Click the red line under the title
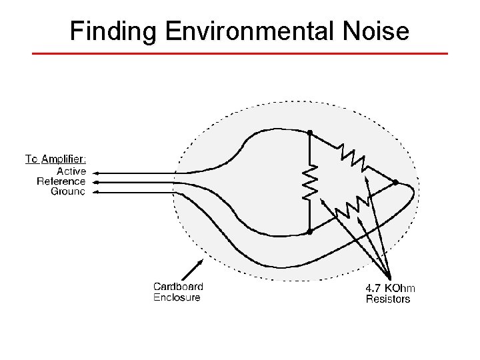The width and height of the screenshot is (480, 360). (240, 53)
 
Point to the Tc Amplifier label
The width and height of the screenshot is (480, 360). (55, 159)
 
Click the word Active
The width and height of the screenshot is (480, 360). (71, 171)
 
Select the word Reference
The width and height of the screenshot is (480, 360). (61, 181)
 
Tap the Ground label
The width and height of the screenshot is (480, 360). (68, 191)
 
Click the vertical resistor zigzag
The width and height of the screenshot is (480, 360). (310, 182)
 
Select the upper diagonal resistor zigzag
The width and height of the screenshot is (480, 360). (351, 156)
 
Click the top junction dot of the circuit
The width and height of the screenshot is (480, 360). (310, 133)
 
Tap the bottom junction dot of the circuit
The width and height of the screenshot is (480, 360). (310, 232)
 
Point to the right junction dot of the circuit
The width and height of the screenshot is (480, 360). (395, 182)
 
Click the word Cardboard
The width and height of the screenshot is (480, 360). (178, 287)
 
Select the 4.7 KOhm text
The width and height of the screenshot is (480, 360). (390, 288)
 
